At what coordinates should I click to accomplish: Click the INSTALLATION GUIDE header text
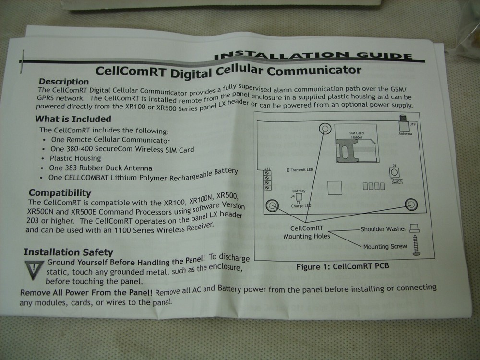click(x=313, y=54)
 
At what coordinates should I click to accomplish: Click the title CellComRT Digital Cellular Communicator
click(x=228, y=71)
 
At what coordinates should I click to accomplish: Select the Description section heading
click(x=64, y=82)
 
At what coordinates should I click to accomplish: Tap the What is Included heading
click(x=73, y=119)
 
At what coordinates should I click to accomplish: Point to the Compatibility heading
click(x=60, y=192)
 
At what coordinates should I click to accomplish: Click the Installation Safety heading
click(x=68, y=252)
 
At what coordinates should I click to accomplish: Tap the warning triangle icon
click(x=34, y=270)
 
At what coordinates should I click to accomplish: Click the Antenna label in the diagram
click(x=406, y=134)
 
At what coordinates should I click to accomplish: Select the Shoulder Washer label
click(x=383, y=229)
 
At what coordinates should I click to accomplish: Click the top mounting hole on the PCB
click(x=325, y=128)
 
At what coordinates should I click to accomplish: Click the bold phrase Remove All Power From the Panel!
click(x=86, y=292)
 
